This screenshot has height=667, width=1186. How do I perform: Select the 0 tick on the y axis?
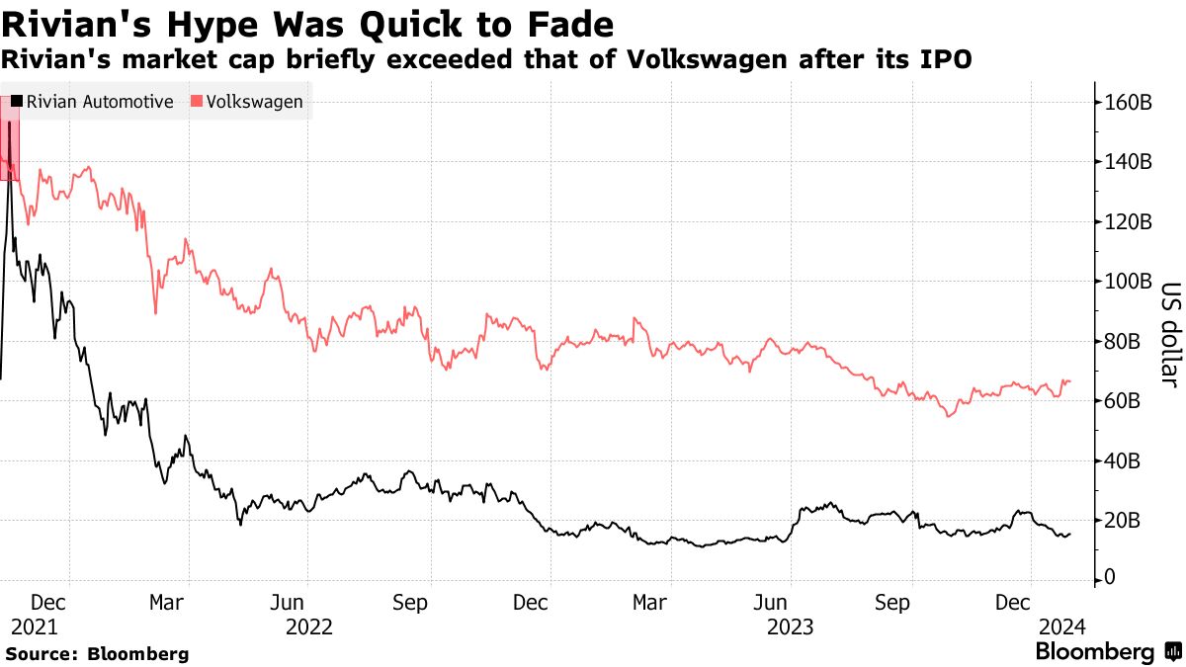coord(1110,579)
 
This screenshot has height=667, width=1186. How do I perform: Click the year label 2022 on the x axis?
coord(308,626)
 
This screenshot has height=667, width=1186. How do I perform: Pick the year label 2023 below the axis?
coord(791,626)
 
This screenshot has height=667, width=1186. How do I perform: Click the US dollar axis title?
coord(1170,336)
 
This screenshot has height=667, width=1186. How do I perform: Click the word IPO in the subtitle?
coord(951,59)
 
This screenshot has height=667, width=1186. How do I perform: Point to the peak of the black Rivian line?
coord(9,123)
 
